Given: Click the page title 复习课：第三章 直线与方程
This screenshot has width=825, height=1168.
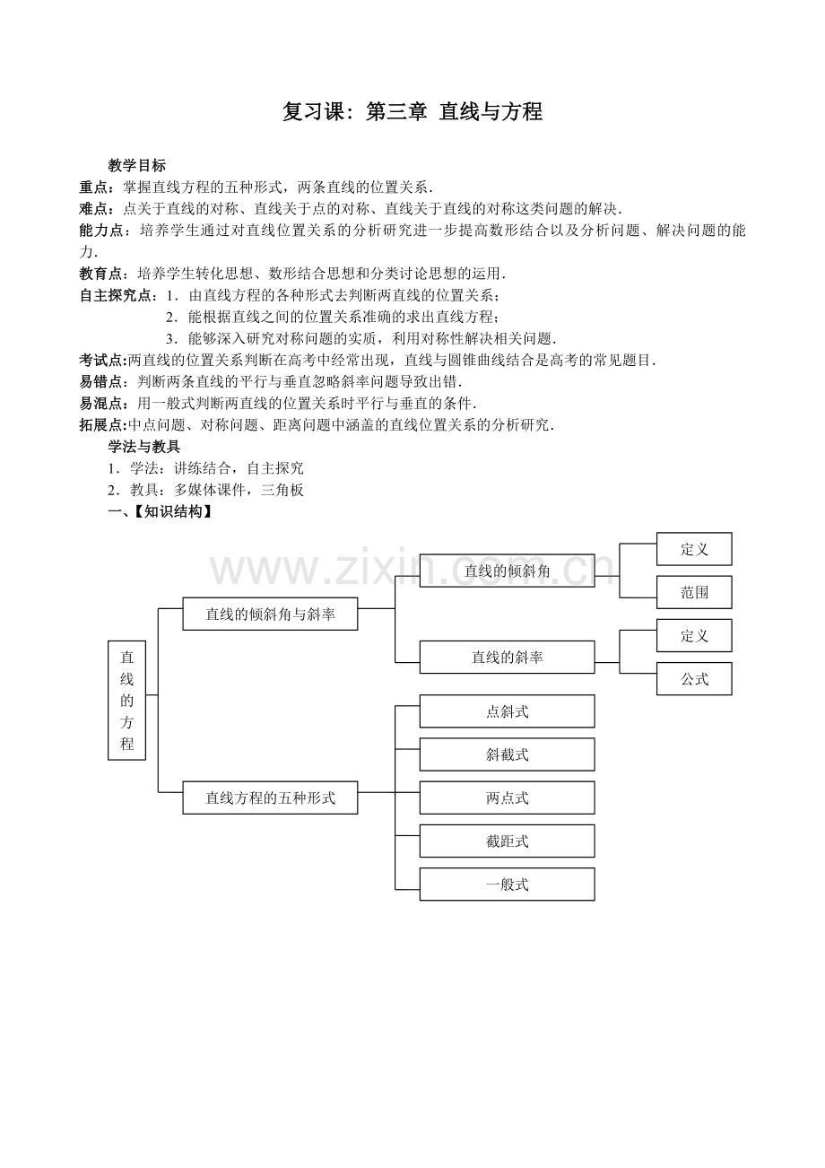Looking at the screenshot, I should [x=412, y=112].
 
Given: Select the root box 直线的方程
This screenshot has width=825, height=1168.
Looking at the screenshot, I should [x=126, y=701].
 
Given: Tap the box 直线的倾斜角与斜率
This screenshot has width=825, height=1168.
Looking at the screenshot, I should [x=270, y=615].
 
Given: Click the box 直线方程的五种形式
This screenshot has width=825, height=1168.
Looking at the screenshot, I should [x=270, y=798].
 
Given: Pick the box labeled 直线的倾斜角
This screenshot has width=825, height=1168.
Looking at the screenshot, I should [x=507, y=571].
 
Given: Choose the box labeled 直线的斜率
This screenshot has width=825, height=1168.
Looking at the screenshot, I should [x=507, y=658].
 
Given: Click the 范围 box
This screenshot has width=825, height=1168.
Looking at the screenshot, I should [x=694, y=592].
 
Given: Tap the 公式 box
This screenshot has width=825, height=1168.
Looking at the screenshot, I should [x=694, y=679].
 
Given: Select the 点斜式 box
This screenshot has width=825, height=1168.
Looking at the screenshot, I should [x=507, y=711].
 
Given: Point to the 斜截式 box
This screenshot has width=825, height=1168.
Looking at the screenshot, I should [x=507, y=754].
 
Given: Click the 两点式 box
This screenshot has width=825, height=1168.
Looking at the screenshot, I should [x=507, y=798].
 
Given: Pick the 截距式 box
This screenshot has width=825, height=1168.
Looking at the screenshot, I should [x=507, y=841].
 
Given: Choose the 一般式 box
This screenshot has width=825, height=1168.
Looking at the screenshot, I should [x=507, y=884].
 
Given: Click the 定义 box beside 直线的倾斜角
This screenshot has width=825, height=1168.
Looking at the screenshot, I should [x=694, y=549].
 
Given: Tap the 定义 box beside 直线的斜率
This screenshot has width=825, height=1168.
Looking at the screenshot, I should [x=694, y=635].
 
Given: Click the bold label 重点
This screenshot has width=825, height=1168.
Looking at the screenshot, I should [x=95, y=187].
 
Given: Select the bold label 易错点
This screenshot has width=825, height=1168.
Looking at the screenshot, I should [x=102, y=381].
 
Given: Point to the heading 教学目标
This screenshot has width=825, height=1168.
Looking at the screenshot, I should [x=136, y=165].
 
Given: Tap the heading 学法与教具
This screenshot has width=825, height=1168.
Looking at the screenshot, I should [x=143, y=446].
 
